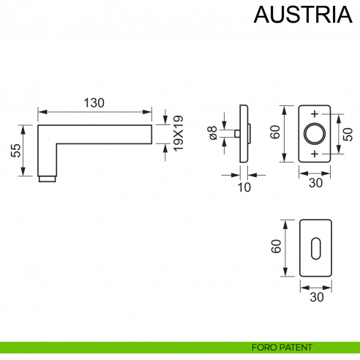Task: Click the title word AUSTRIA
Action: (297, 15)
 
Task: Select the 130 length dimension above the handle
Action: (92, 103)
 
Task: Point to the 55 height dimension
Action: (15, 150)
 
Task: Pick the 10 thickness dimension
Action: (244, 187)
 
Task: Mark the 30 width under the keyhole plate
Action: (315, 298)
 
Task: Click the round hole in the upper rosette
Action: (315, 134)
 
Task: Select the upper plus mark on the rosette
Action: (315, 114)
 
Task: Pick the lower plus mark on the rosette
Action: (315, 154)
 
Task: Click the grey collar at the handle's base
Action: (46, 179)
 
